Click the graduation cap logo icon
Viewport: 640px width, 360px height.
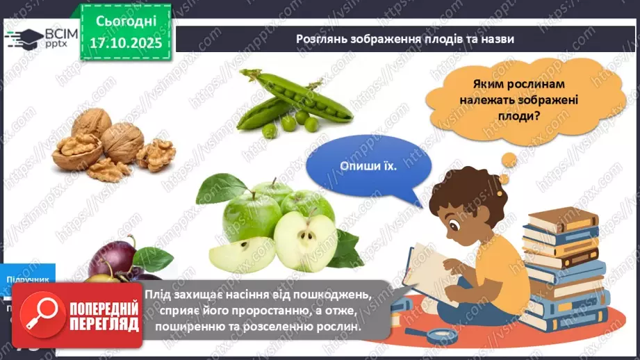click(x=24, y=38)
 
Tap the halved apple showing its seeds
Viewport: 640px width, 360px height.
click(x=305, y=240)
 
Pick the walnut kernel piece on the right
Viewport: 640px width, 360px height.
click(x=156, y=154)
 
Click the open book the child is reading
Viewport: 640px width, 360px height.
click(x=431, y=268)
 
